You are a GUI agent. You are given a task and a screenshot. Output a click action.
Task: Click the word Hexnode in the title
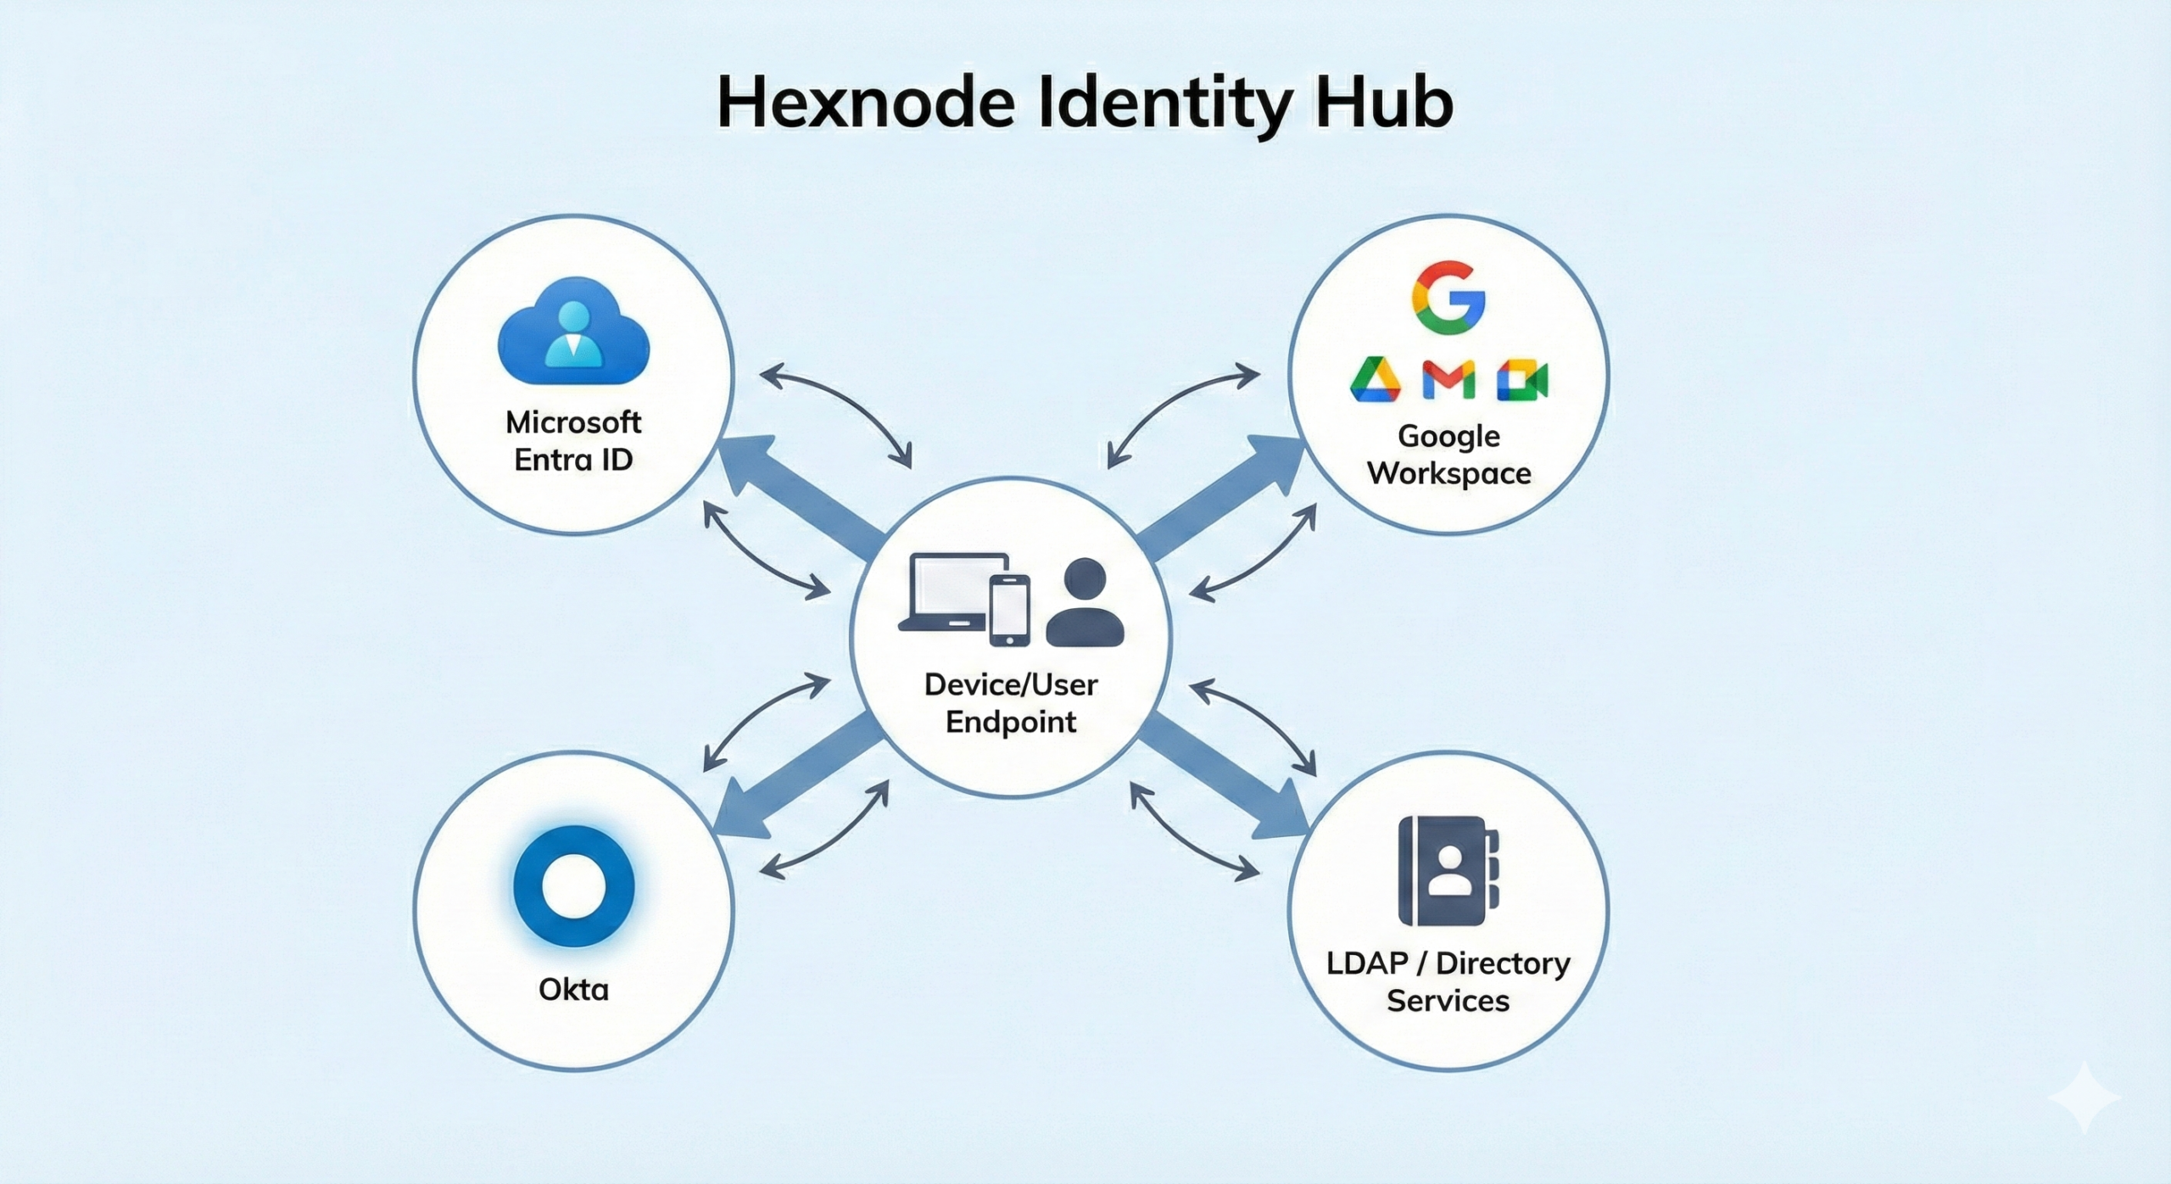pyautogui.click(x=866, y=103)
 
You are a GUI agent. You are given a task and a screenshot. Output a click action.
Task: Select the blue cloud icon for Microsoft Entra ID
pyautogui.click(x=573, y=332)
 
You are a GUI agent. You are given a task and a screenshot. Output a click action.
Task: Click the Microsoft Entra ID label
pyautogui.click(x=573, y=441)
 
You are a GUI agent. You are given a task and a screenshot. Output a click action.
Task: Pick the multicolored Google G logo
pyautogui.click(x=1448, y=299)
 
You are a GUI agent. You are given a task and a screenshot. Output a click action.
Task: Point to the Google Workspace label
pyautogui.click(x=1448, y=455)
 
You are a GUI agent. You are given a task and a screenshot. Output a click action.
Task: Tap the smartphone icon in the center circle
pyautogui.click(x=1010, y=610)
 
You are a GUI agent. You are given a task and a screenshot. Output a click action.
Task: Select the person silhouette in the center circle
pyautogui.click(x=1085, y=602)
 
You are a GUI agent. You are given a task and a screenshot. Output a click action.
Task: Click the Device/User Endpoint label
pyautogui.click(x=1011, y=703)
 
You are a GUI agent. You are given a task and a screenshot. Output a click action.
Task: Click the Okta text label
pyautogui.click(x=574, y=989)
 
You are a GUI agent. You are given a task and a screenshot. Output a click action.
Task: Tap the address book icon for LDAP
pyautogui.click(x=1448, y=871)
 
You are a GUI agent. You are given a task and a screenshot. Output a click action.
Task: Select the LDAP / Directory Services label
pyautogui.click(x=1448, y=982)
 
